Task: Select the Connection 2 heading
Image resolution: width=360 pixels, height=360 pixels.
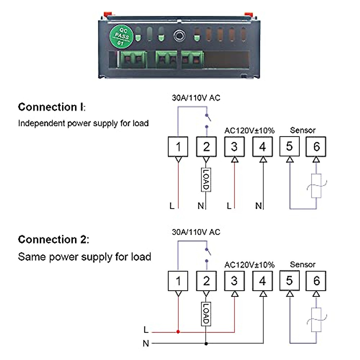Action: [53, 239]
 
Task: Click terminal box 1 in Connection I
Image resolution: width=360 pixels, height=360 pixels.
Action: [178, 147]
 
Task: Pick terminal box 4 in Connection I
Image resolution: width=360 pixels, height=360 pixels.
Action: [262, 147]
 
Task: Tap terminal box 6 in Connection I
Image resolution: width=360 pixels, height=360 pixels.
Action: [316, 147]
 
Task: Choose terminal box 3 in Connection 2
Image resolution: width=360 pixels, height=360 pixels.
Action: [234, 281]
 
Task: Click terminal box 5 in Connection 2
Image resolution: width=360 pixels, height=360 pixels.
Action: [289, 281]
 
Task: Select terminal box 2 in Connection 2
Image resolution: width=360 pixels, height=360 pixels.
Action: [206, 281]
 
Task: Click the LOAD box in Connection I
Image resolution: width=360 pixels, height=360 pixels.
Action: [206, 179]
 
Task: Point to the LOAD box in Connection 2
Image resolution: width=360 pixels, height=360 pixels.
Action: [206, 314]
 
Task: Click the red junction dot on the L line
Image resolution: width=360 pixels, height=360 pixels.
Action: [178, 332]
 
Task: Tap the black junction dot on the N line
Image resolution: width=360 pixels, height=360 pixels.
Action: [206, 343]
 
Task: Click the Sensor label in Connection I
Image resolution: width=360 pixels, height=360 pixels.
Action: [302, 130]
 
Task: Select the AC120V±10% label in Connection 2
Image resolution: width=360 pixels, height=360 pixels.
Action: [249, 265]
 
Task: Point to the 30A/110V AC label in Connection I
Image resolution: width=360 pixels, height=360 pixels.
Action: [196, 98]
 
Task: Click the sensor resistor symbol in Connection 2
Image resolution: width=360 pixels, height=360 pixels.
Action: [316, 320]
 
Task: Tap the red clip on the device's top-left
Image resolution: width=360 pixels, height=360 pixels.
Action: [106, 14]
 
